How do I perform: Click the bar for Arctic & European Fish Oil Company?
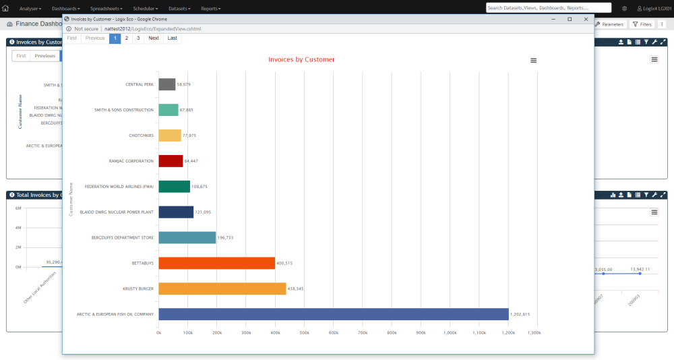pyautogui.click(x=333, y=314)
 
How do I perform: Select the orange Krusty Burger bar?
pyautogui.click(x=222, y=289)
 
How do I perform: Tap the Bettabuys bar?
pyautogui.click(x=216, y=263)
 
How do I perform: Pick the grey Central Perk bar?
pyautogui.click(x=166, y=84)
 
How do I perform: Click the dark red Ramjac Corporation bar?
pyautogui.click(x=171, y=161)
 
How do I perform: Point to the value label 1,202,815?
pyautogui.click(x=520, y=315)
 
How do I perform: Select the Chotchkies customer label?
pyautogui.click(x=141, y=136)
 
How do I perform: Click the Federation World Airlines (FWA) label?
pyautogui.click(x=119, y=187)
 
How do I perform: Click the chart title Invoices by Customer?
pyautogui.click(x=301, y=59)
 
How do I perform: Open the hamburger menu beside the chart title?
pyautogui.click(x=533, y=61)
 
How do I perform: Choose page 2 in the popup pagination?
pyautogui.click(x=126, y=38)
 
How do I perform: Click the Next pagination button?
pyautogui.click(x=154, y=38)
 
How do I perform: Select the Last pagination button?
pyautogui.click(x=173, y=38)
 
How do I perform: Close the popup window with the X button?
pyautogui.click(x=586, y=19)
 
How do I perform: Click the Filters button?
pyautogui.click(x=642, y=24)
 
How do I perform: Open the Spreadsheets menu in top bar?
pyautogui.click(x=108, y=8)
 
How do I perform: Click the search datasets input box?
pyautogui.click(x=548, y=8)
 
